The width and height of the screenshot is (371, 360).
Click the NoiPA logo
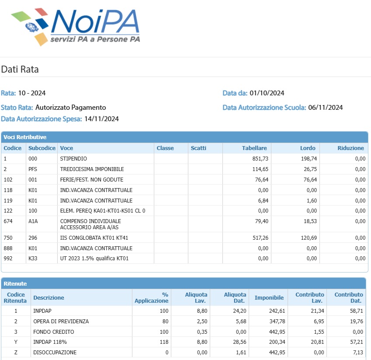pos(76,27)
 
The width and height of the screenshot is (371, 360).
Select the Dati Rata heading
pos(20,70)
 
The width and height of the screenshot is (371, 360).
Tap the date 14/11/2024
pos(101,119)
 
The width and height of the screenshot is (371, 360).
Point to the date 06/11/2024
pos(325,108)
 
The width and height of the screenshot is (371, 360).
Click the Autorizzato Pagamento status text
pos(71,108)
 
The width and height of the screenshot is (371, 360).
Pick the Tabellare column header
pos(254,148)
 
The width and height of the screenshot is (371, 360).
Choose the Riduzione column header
pos(350,148)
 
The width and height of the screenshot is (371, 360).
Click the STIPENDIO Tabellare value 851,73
pos(260,159)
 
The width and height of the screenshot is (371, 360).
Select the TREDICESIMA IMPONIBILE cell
pos(92,169)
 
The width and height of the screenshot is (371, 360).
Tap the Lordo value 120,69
pos(309,238)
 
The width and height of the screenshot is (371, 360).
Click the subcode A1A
pos(33,221)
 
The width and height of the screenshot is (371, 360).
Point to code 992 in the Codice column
pos(8,259)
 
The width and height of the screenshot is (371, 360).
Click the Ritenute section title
pos(15,283)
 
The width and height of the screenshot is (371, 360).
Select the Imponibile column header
pos(269,298)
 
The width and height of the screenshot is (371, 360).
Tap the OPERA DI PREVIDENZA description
pos(61,322)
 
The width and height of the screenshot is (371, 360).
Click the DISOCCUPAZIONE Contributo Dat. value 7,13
pos(358,353)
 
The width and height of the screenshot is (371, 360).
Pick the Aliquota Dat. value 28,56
pos(239,342)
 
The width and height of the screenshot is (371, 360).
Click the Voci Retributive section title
pos(25,137)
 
